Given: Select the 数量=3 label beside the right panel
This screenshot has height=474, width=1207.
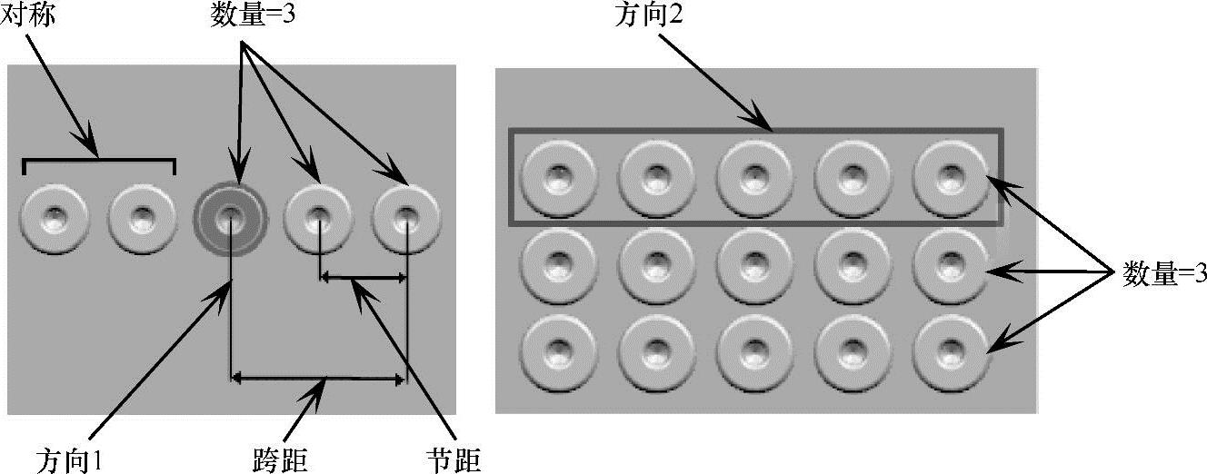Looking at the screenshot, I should pyautogui.click(x=1164, y=272).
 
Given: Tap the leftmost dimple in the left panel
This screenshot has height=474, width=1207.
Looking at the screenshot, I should pyautogui.click(x=55, y=219).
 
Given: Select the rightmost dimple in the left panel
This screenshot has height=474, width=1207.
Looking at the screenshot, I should pyautogui.click(x=407, y=218).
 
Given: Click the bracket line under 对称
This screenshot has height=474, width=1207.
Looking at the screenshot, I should pyautogui.click(x=98, y=162).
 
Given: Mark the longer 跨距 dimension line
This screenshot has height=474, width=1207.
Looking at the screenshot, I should pyautogui.click(x=318, y=377).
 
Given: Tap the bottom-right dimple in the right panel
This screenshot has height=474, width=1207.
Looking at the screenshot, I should pyautogui.click(x=950, y=351).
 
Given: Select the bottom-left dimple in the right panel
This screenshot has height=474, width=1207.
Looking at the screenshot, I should pyautogui.click(x=560, y=351).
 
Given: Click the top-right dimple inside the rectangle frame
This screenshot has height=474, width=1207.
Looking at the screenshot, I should pyautogui.click(x=950, y=175).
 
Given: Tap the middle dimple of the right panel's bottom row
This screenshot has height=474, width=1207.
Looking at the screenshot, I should pyautogui.click(x=753, y=351).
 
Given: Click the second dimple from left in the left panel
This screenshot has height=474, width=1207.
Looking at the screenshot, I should pyautogui.click(x=143, y=219).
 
